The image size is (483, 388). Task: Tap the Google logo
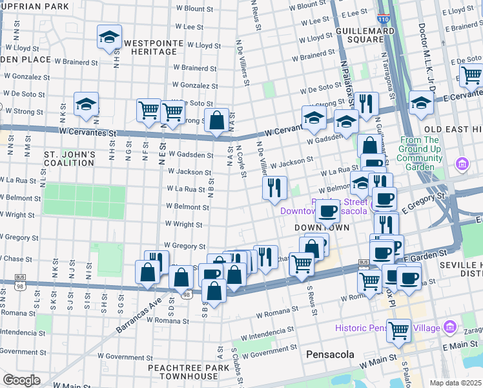click(x=22, y=380)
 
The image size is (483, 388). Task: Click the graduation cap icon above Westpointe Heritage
click(x=109, y=38)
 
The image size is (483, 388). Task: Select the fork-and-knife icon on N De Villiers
click(x=274, y=188)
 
